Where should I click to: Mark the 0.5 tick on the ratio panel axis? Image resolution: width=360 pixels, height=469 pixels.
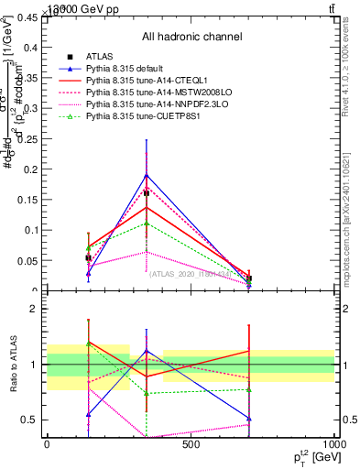tap(29, 420)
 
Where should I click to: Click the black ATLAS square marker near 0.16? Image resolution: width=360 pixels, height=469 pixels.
tap(147, 193)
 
